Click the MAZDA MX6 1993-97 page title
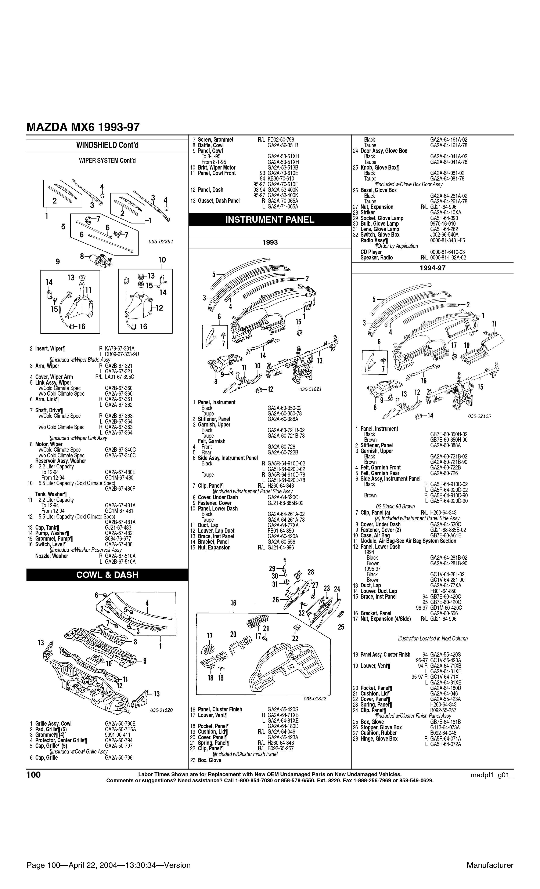[x=83, y=127]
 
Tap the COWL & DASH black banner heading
[x=107, y=575]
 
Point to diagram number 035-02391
[x=161, y=242]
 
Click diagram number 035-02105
[x=479, y=416]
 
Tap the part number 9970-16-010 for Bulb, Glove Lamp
[x=443, y=224]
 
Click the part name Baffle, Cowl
[x=211, y=145]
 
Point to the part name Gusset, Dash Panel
[x=219, y=201]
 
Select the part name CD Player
[x=371, y=252]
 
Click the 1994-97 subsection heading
[x=432, y=268]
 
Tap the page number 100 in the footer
[x=34, y=775]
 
